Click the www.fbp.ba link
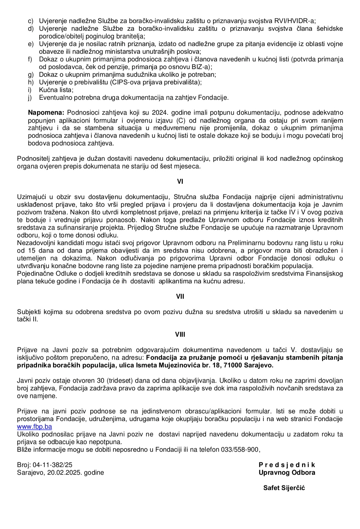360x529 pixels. coord(34,427)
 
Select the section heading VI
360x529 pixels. coord(180,182)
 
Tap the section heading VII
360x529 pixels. coord(180,297)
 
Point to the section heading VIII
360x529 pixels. coord(180,335)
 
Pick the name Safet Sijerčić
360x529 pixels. coord(284,488)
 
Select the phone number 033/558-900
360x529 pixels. coord(240,450)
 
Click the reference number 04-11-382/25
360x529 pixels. coord(52,465)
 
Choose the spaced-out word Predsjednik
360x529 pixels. coord(287,465)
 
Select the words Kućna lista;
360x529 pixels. coord(56,90)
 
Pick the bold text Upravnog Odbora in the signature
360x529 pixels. coord(287,473)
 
